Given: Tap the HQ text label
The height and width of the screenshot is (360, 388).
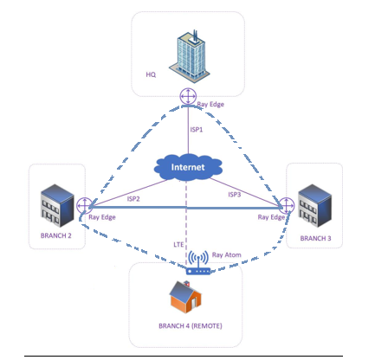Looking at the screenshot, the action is (x=151, y=74).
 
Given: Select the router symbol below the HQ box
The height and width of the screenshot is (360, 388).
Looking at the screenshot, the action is (x=188, y=96).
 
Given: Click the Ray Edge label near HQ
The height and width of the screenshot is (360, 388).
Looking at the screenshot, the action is (x=210, y=104).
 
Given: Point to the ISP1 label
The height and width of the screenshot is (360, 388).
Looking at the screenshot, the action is (x=197, y=130).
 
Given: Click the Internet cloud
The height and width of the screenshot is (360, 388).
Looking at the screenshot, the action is (x=188, y=167).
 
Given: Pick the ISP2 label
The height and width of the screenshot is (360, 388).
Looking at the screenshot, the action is (x=133, y=199).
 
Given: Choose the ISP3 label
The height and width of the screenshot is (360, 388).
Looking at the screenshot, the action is (x=235, y=195).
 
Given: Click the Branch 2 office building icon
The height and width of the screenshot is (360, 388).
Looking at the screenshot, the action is (x=57, y=205).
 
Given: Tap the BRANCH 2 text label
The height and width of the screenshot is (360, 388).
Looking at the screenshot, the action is (x=56, y=235).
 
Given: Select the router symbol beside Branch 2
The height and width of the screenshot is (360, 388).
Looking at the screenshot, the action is (x=85, y=206).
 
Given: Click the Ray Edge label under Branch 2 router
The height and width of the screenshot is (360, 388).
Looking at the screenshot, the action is (x=102, y=217).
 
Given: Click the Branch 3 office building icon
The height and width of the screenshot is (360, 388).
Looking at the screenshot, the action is (x=314, y=205).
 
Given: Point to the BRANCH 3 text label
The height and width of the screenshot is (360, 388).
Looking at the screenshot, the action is (x=315, y=238).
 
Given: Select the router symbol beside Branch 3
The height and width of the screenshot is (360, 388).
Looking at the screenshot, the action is (x=286, y=206).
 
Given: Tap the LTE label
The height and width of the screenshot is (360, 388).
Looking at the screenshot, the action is (x=178, y=245).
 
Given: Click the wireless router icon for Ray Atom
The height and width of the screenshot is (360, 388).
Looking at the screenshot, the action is (x=198, y=262).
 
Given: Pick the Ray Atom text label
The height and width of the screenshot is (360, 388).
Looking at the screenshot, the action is (x=227, y=255).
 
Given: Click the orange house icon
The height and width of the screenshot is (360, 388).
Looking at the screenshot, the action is (x=185, y=297).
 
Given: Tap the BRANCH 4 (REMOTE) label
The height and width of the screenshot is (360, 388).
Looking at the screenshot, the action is (x=191, y=326).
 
